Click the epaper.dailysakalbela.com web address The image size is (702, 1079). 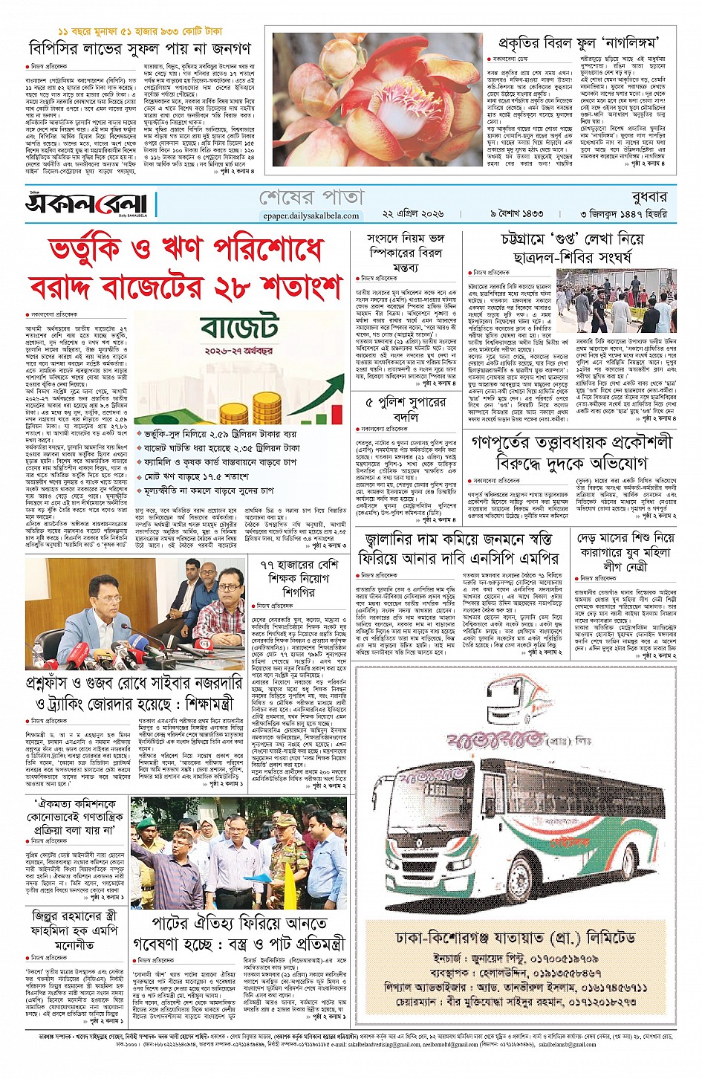click(311, 216)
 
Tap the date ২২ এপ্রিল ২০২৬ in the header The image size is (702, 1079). click(413, 214)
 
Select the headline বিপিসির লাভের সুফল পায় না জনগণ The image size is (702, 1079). click(140, 49)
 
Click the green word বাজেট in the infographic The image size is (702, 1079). click(239, 328)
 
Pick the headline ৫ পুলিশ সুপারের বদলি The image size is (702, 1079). click(406, 409)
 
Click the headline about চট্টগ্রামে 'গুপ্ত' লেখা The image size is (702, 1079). click(571, 248)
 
